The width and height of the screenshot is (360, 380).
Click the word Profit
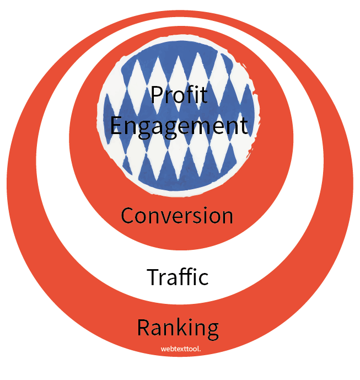[x=179, y=95]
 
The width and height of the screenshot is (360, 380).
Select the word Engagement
[x=179, y=126]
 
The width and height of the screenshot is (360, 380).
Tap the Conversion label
[x=177, y=215]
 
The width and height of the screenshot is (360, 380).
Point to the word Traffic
[x=178, y=276]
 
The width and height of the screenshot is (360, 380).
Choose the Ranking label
[x=178, y=328]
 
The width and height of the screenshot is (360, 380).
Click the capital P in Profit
[x=156, y=95]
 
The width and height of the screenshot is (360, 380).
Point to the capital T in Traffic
[x=153, y=276]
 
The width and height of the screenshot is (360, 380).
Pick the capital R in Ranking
[x=143, y=328]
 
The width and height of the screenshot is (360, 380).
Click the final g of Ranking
[x=212, y=330]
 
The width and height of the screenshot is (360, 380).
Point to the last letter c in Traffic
[x=203, y=277]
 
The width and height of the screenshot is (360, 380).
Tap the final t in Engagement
[x=243, y=126]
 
